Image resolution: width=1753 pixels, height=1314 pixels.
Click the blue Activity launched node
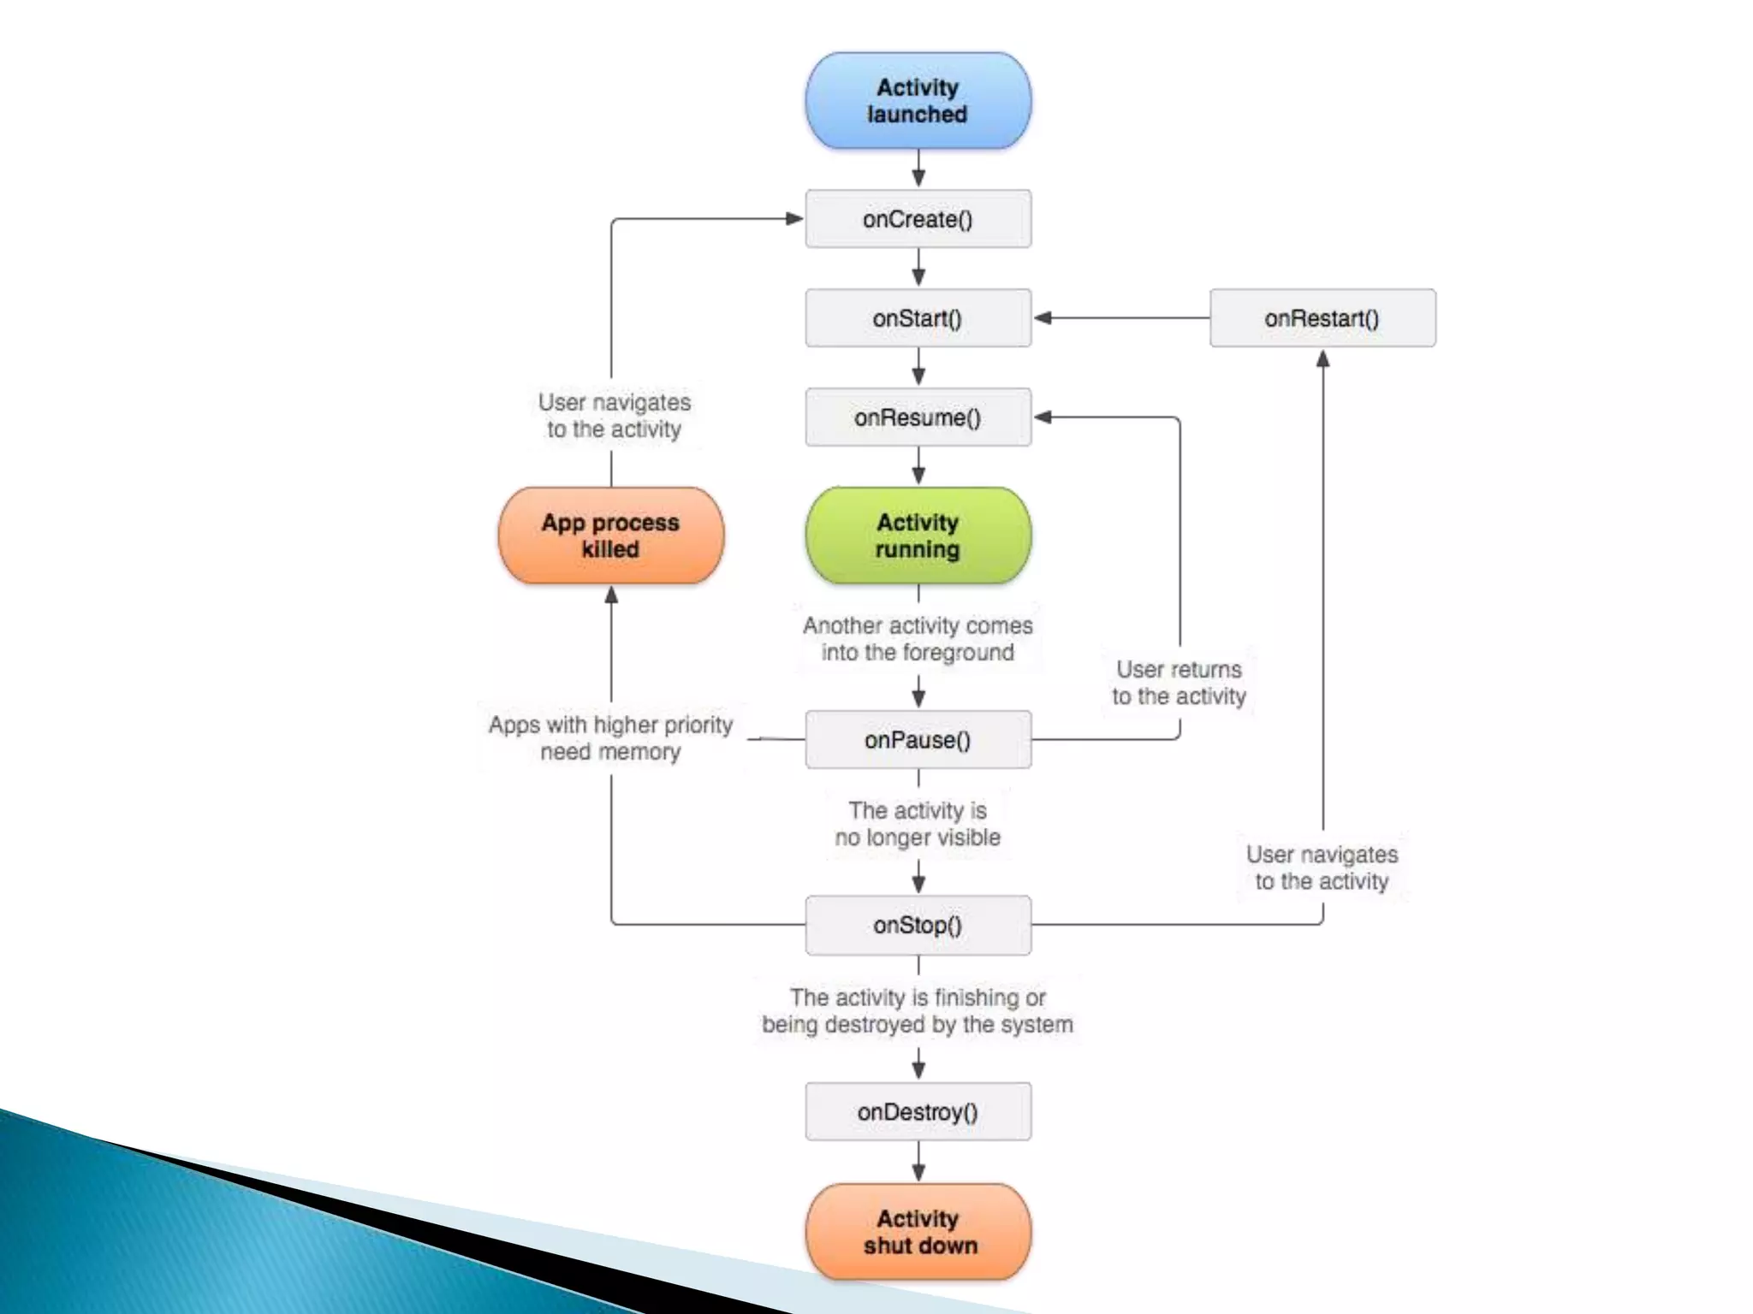pos(918,101)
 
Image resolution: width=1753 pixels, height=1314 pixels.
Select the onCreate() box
pos(918,219)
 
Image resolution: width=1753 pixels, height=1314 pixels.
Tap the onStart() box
pos(918,318)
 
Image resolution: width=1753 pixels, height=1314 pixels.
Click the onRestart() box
pos(1322,318)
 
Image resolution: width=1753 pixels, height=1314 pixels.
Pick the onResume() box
pos(918,417)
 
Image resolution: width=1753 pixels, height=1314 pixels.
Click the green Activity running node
pos(918,536)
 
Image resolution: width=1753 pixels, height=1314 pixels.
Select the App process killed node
pos(610,536)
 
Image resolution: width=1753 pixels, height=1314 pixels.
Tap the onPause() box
pos(918,740)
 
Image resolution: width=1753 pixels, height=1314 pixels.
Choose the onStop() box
pos(918,925)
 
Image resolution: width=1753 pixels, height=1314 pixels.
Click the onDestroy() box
pos(918,1112)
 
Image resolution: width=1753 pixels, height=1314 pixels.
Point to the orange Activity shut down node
pos(918,1232)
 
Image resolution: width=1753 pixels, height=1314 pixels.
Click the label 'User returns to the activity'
pos(1179,683)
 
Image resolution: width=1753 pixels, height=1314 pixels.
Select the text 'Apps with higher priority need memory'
pos(610,738)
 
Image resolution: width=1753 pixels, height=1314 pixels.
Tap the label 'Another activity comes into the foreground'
pos(918,639)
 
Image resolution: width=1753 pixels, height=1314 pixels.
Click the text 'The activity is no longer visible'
pos(918,824)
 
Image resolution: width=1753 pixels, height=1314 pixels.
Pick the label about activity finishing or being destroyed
pos(918,1011)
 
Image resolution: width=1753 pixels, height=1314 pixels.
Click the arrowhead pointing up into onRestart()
pos(1322,358)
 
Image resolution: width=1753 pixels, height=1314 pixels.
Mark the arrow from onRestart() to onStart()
pos(1121,318)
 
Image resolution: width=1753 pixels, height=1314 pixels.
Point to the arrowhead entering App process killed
pos(611,595)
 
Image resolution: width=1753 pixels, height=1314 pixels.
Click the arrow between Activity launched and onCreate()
pos(918,169)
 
